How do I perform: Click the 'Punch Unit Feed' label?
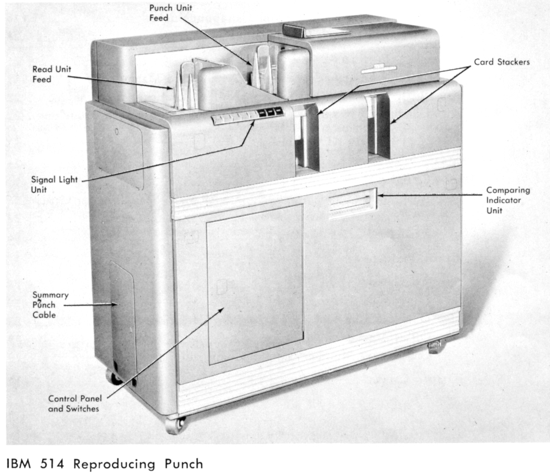click(x=171, y=13)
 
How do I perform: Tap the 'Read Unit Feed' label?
click(x=52, y=74)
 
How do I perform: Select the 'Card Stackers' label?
click(x=502, y=62)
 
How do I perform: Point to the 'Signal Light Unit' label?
click(x=54, y=185)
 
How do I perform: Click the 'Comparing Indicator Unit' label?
click(x=508, y=200)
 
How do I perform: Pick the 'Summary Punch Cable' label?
click(x=50, y=305)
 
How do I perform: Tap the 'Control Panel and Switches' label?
click(x=75, y=403)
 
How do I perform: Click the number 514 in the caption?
click(x=52, y=464)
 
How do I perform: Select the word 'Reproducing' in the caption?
click(x=114, y=465)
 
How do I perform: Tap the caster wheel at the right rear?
click(x=434, y=347)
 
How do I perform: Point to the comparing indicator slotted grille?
click(x=352, y=203)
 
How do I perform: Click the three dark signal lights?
click(x=270, y=112)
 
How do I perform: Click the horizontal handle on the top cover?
click(x=379, y=69)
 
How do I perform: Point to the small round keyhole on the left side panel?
click(x=117, y=132)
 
